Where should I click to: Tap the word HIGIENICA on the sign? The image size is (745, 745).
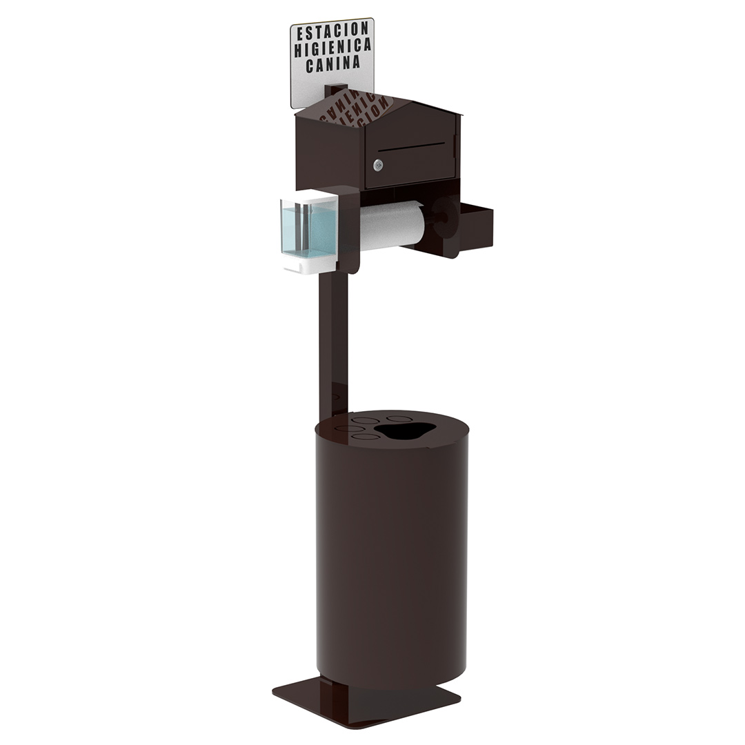coord(332,48)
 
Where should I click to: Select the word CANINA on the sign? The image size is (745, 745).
coord(332,63)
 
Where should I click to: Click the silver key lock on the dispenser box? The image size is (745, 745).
coord(378,165)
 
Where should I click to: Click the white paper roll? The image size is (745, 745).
coord(392,225)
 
